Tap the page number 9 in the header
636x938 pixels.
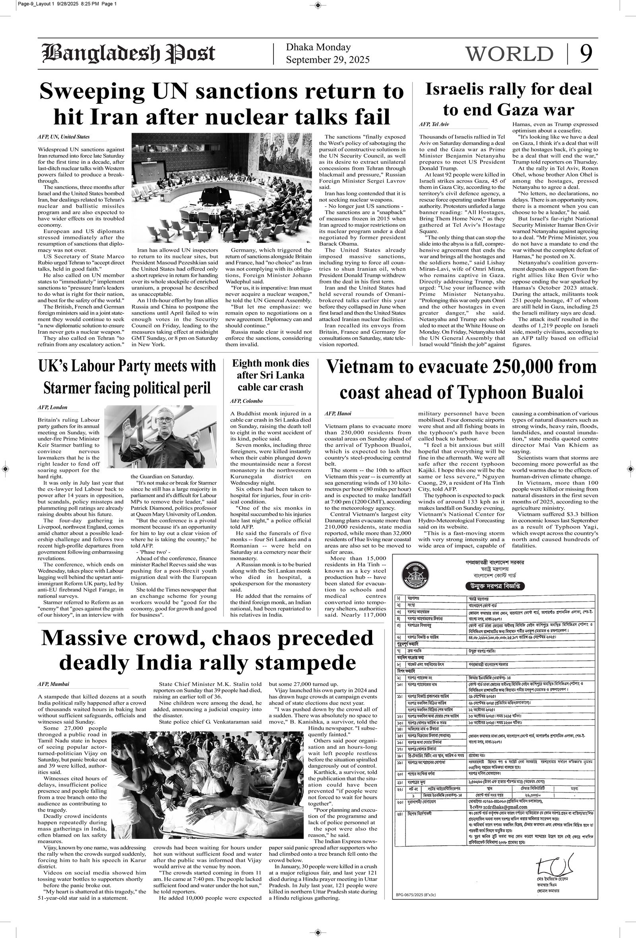(586, 53)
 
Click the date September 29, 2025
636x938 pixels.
(328, 60)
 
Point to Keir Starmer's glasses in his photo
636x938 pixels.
(164, 420)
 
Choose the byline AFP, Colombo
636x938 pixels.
(246, 401)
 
